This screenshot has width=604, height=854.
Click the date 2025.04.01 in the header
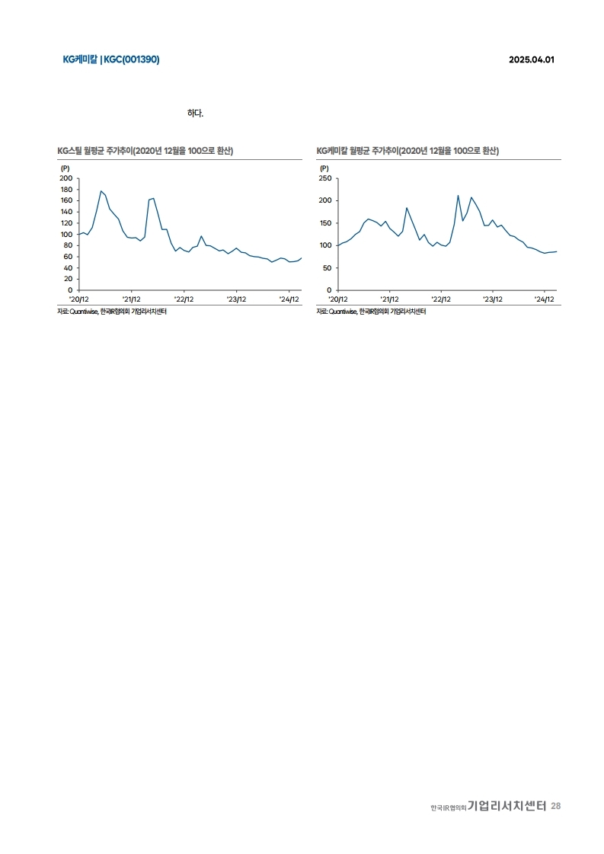[x=531, y=59]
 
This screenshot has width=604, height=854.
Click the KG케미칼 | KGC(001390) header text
[x=111, y=59]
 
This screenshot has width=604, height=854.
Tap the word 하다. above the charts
[x=195, y=114]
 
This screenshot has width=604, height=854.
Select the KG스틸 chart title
[x=145, y=151]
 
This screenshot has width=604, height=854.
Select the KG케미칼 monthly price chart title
[x=407, y=151]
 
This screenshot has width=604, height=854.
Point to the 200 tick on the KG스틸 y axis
[x=66, y=178]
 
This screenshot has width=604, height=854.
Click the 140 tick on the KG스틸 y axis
[x=66, y=212]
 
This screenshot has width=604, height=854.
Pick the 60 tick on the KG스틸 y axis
[x=67, y=257]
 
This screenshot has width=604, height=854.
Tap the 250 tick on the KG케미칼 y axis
[x=324, y=178]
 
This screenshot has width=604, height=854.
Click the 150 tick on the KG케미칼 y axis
[x=324, y=223]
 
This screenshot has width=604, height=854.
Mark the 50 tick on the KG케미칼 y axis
[x=327, y=268]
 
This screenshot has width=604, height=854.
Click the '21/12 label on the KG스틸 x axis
[x=132, y=299]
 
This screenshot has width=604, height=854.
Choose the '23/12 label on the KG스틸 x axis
[x=235, y=299]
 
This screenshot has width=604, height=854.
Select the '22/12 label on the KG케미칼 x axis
[x=441, y=299]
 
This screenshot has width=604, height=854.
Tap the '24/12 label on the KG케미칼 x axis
[x=545, y=299]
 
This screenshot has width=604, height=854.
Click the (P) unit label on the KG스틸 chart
[x=65, y=168]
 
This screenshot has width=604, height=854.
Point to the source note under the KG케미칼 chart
[x=371, y=312]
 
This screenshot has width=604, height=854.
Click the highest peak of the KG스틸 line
[x=101, y=190]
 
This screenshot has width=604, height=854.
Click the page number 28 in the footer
[x=556, y=806]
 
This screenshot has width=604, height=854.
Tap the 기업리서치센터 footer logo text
[x=507, y=806]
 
